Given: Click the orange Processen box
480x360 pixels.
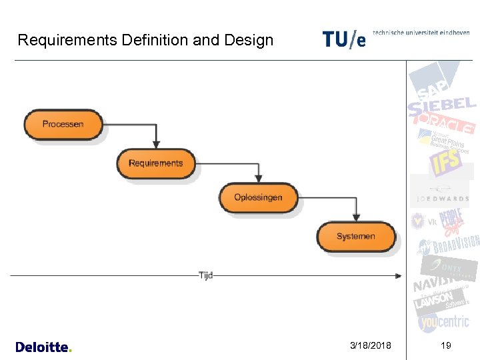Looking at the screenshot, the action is (x=63, y=124).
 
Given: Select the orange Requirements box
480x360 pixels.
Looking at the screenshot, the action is (x=155, y=163).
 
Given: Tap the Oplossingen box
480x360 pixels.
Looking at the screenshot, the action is (x=258, y=197).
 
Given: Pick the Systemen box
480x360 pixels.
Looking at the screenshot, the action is (x=355, y=237).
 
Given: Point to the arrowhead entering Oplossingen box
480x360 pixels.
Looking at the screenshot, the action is (x=259, y=178).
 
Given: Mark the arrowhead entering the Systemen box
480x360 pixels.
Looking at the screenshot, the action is (x=356, y=217).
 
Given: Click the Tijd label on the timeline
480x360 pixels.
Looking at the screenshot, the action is (x=205, y=275).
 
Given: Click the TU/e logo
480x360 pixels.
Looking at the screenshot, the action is (x=344, y=39).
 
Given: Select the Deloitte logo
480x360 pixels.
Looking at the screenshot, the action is (x=43, y=347).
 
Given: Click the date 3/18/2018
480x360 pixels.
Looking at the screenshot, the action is (x=371, y=345).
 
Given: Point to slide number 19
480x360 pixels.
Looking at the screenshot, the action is (x=445, y=345).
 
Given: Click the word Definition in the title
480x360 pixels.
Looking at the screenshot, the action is (x=155, y=40).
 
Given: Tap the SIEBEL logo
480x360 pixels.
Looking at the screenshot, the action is (x=442, y=105).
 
